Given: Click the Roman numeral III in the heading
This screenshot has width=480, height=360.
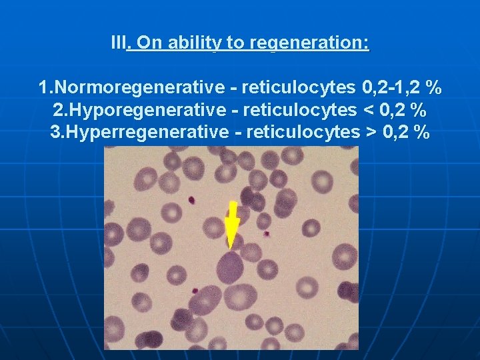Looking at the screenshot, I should pos(118,44).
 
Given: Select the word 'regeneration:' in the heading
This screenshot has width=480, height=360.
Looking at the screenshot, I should pos(309,44).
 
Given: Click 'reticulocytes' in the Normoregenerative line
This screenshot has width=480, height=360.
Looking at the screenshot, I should pos(298,88).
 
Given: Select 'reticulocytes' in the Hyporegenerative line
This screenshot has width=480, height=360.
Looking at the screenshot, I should pos(299,110).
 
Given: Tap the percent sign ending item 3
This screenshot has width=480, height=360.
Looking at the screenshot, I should pos(421,132).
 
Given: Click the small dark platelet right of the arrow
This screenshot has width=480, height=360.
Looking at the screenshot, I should pos(266,233).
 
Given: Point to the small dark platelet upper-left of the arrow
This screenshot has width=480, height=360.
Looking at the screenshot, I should pos(191,199).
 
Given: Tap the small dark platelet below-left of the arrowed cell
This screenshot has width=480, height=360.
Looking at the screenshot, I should pos(195,291).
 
